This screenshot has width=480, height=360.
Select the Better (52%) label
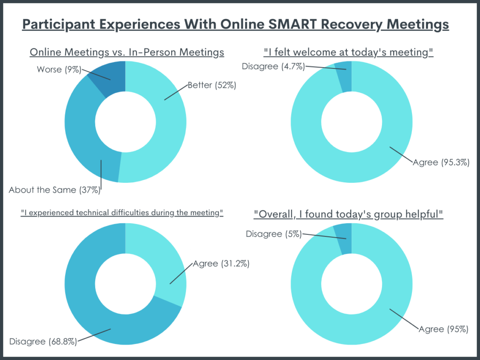click(211, 85)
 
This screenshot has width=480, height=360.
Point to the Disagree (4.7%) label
click(273, 66)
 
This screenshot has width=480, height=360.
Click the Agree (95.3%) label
click(441, 162)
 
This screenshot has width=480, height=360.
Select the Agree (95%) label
click(442, 329)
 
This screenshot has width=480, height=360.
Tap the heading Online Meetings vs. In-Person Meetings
click(127, 52)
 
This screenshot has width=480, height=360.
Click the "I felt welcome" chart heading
click(348, 52)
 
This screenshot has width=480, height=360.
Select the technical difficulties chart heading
click(122, 213)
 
